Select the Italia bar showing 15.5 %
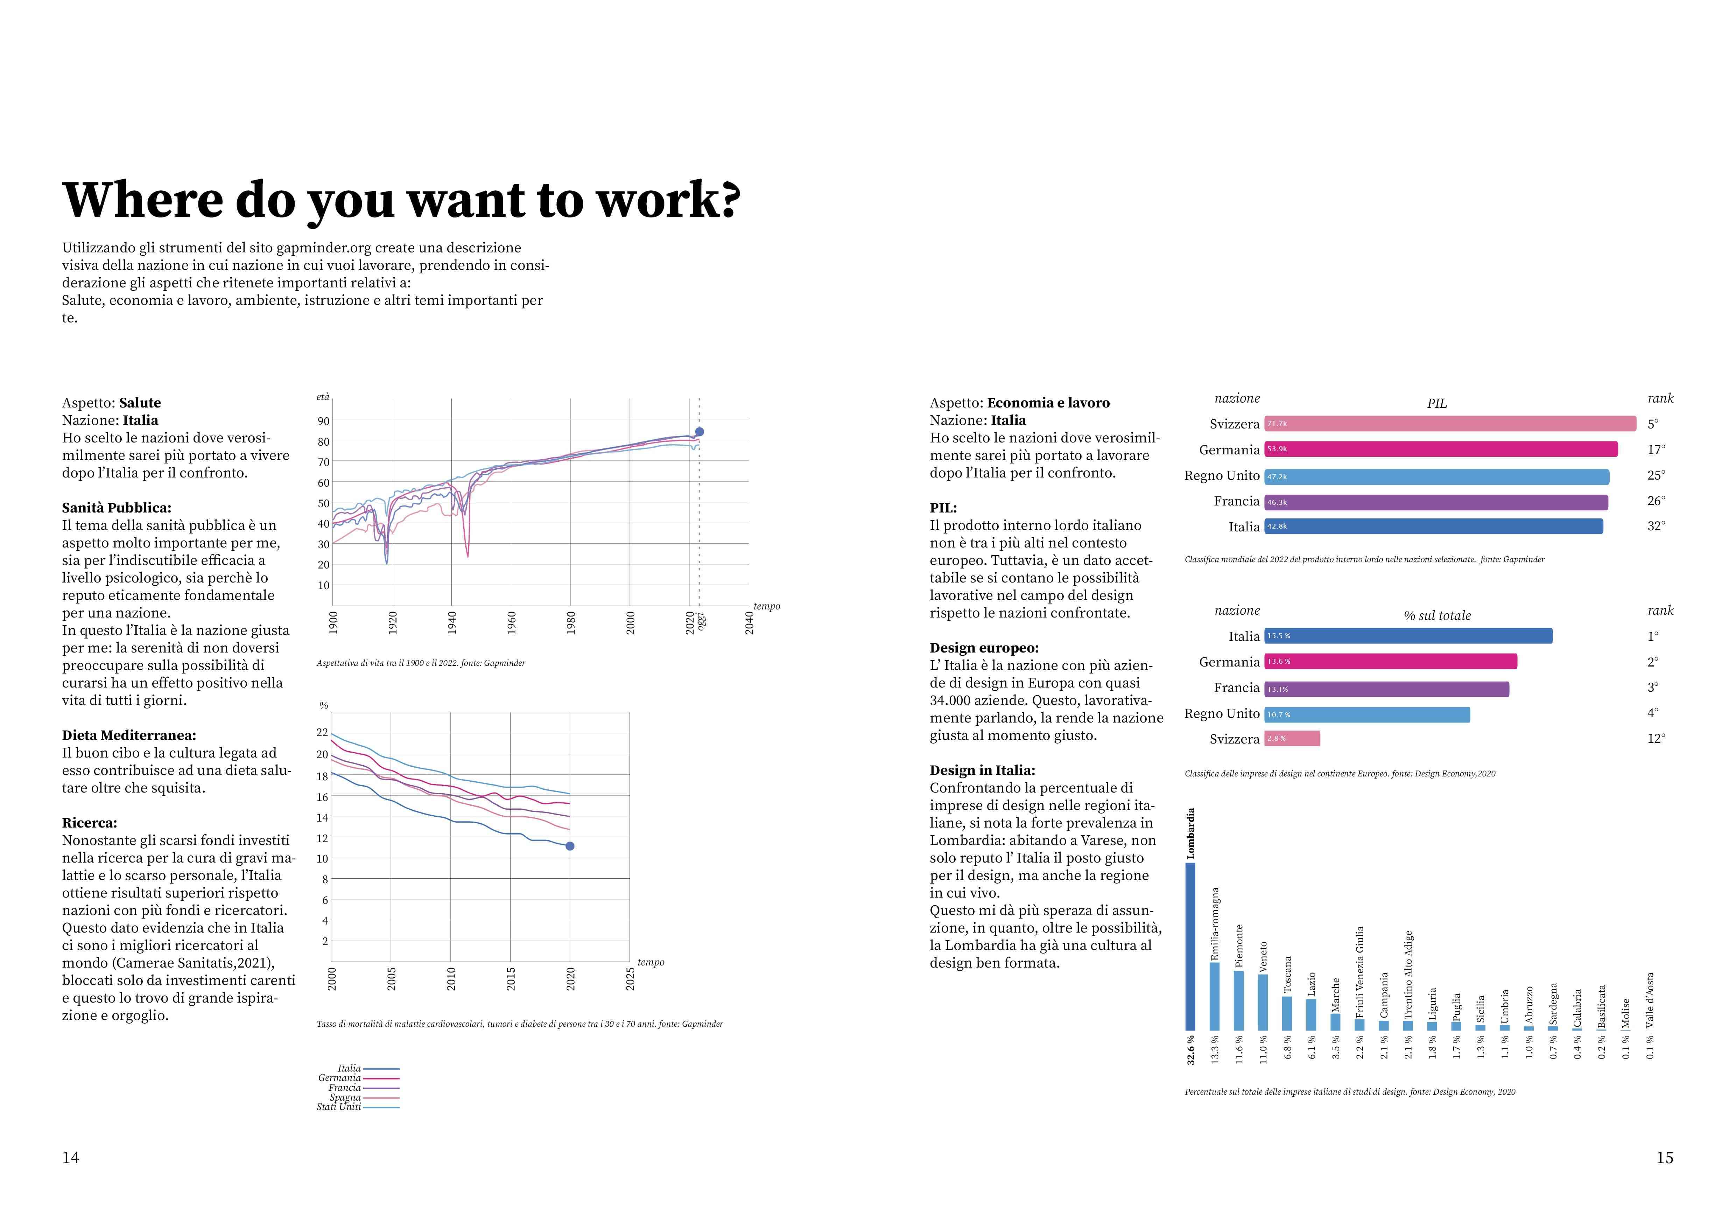point(1408,636)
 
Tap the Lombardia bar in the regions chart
point(1190,947)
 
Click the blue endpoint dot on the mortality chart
point(570,846)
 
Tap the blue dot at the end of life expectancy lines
point(700,432)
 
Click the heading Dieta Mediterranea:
point(128,735)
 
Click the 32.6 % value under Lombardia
point(1191,1049)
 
